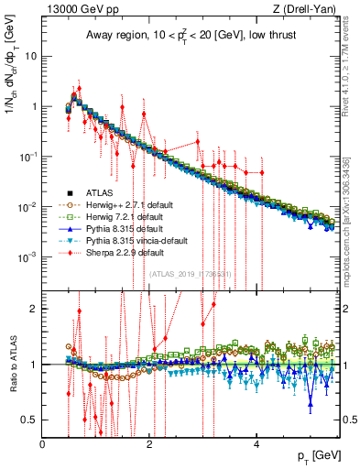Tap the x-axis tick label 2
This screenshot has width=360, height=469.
150,444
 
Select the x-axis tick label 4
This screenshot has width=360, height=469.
256,444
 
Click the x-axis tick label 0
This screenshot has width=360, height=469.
43,444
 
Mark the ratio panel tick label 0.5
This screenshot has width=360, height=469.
28,420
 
